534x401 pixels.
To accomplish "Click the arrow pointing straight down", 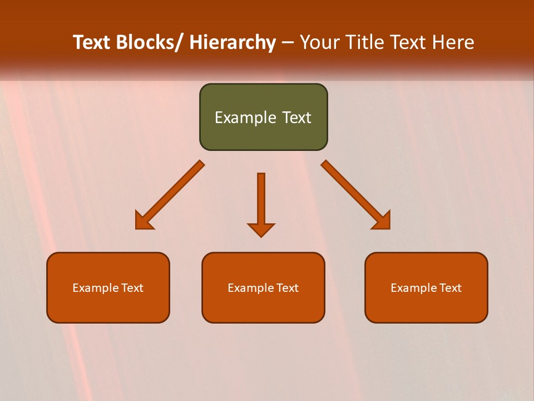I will pos(261,203).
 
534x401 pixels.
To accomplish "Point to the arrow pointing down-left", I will pos(170,195).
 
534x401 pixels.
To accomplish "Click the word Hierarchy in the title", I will pos(233,42).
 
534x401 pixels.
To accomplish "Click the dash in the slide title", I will pos(288,43).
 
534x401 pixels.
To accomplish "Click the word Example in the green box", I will pos(245,118).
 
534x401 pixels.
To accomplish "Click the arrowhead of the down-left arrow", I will pos(143,221).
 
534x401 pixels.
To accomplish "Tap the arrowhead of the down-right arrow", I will pos(382,221).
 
